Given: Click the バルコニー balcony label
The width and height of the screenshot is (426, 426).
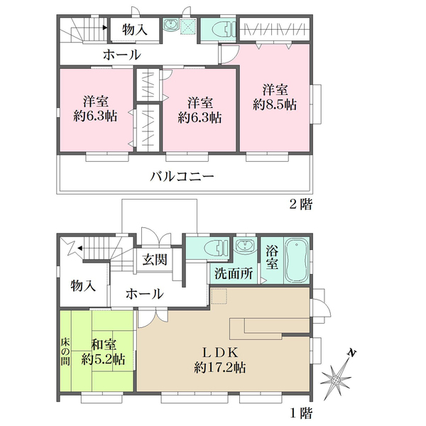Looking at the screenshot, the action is [182, 177].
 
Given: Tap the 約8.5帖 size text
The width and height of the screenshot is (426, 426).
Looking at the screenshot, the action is [275, 105].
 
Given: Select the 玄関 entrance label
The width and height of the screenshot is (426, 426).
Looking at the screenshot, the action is [155, 260].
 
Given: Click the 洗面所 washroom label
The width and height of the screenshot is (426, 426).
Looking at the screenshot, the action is [234, 273].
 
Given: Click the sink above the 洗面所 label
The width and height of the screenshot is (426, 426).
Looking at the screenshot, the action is [245, 246].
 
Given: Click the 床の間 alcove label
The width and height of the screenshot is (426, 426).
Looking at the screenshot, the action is [65, 351].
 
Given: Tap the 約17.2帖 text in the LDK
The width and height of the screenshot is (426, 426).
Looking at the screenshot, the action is [220, 368].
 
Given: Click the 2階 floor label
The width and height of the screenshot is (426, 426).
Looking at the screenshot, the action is [301, 204].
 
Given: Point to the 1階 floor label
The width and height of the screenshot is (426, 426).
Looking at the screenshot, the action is [301, 414].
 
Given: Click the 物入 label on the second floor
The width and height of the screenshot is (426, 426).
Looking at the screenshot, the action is [135, 29].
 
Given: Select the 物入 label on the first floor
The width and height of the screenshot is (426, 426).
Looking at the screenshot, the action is [83, 286].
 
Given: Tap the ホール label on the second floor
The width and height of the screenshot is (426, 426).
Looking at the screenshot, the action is [122, 55].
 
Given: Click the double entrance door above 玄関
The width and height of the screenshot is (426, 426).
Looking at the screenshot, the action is [156, 237].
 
